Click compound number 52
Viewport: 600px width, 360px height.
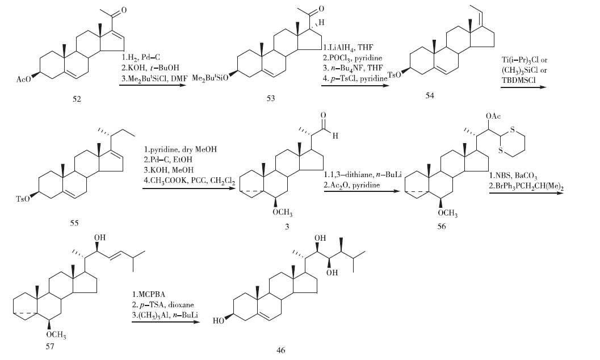pyautogui.click(x=76, y=100)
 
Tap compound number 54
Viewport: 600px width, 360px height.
pyautogui.click(x=430, y=97)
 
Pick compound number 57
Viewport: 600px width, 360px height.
pyautogui.click(x=51, y=347)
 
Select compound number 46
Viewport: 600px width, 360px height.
pyautogui.click(x=281, y=350)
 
